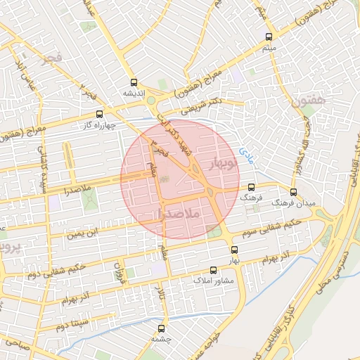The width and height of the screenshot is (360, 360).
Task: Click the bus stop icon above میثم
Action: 269,37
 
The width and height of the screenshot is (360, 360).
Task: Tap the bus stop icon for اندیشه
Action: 134,83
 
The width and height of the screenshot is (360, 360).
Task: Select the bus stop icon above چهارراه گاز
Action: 100,113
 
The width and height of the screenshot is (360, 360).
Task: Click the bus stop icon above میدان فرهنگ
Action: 293,192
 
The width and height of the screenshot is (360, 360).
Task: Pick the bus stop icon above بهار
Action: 234,250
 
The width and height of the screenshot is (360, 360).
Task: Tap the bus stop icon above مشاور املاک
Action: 214,270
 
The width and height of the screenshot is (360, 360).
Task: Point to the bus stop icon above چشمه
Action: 162,328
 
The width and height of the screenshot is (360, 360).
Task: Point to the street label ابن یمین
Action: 84,232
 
